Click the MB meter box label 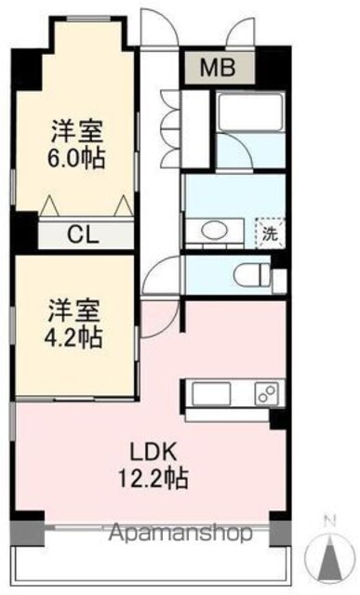pos(218,68)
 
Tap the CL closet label pos(83,234)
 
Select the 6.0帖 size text pos(76,159)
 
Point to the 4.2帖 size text pos(73,338)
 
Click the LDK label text pos(153,452)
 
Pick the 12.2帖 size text pos(153,478)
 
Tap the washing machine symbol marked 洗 pos(271,233)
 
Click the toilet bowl pos(251,275)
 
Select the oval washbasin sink pos(214,231)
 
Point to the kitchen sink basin pos(211,393)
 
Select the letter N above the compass pos(331,522)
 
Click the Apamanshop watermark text pos(180,533)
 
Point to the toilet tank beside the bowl pos(279,281)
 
